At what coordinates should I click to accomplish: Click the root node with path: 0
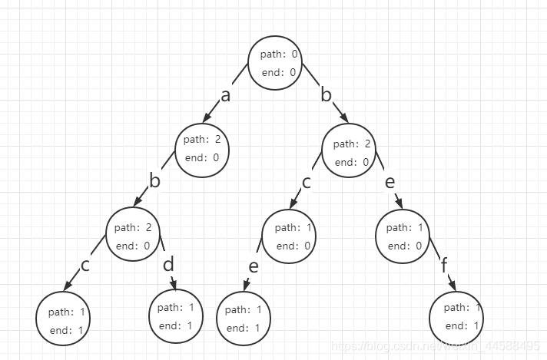275,63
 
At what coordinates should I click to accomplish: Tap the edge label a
225,95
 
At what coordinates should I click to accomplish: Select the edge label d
169,265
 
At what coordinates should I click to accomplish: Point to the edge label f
444,266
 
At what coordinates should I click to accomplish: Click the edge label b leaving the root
326,95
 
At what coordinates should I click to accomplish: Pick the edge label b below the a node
154,181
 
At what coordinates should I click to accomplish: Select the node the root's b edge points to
350,152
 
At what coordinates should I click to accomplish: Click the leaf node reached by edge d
175,316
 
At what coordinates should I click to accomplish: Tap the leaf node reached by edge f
457,316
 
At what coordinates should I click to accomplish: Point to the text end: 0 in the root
279,73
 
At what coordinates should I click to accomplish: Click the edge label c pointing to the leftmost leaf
85,266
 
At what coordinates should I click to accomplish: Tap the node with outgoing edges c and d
135,236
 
